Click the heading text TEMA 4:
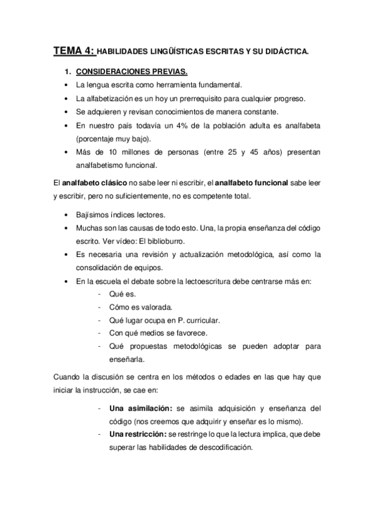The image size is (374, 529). click(74, 51)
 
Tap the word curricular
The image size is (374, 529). click(200, 320)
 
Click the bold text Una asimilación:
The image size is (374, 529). click(141, 409)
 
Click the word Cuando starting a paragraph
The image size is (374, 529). click(68, 377)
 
